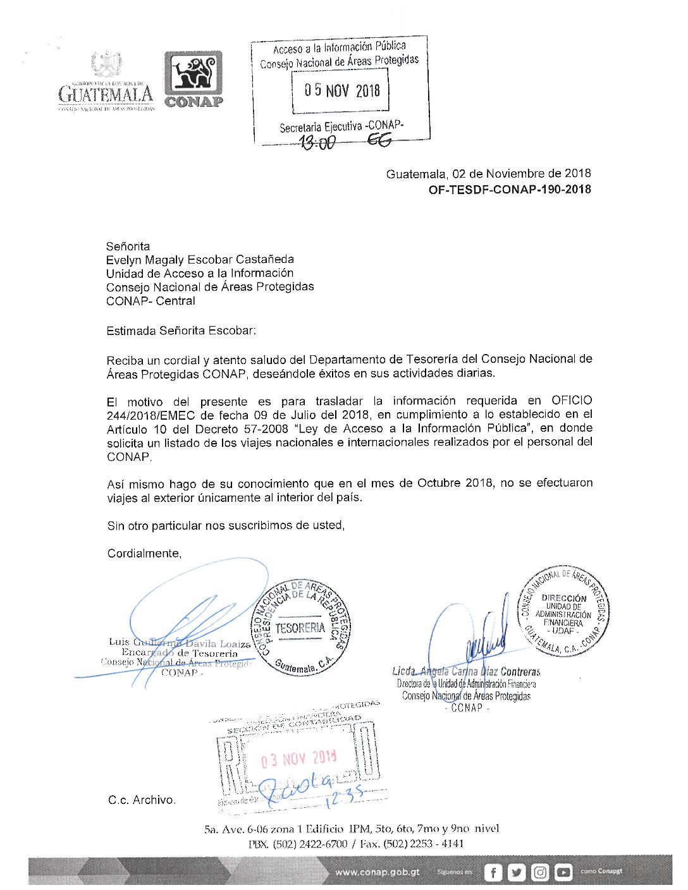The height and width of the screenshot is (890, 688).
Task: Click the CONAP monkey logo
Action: [193, 73]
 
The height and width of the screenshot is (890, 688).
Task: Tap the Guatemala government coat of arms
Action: [106, 64]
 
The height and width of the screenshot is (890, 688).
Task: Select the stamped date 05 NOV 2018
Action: [341, 90]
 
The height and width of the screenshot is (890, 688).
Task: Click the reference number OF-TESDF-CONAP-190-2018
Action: [510, 189]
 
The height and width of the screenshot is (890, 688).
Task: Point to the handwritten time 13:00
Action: [317, 143]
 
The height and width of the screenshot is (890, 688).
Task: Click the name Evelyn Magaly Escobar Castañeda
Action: [200, 259]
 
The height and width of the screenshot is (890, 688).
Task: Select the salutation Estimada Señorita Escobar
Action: [181, 330]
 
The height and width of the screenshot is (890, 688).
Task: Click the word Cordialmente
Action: [144, 553]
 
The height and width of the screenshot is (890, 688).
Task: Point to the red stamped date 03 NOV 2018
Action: [299, 759]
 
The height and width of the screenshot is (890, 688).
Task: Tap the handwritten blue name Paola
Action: [297, 788]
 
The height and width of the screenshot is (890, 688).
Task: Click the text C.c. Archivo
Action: [142, 800]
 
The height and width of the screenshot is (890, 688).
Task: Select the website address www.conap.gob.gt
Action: [378, 872]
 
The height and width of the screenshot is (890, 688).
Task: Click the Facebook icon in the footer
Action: [493, 872]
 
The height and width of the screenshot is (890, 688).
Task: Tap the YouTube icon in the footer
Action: [563, 872]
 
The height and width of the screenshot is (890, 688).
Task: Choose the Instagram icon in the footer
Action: [540, 872]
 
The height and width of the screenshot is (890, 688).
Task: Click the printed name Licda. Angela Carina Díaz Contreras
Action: [466, 671]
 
